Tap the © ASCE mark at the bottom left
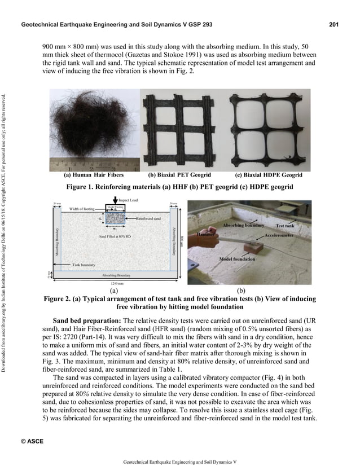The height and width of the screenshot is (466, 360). pos(32,440)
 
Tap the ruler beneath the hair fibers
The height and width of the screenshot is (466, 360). pos(93,166)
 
